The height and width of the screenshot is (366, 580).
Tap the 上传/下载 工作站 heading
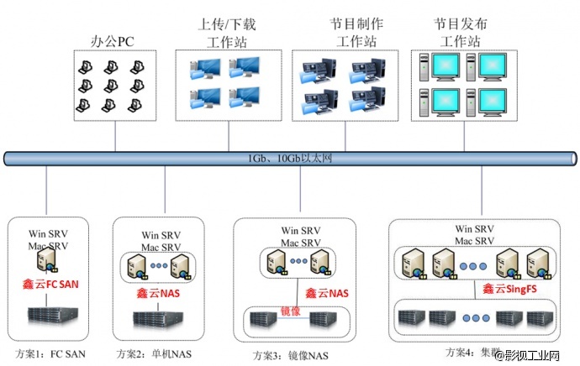pyautogui.click(x=226, y=32)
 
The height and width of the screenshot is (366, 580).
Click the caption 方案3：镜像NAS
pyautogui.click(x=282, y=352)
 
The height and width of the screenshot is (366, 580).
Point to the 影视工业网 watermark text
pyautogui.click(x=538, y=356)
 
